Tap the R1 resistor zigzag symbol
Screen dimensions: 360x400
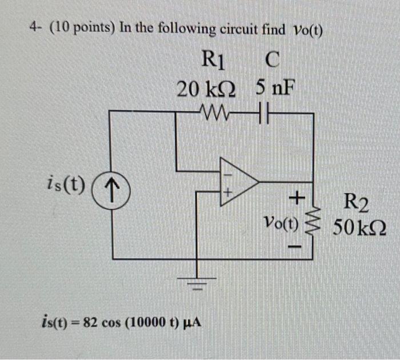[216, 113]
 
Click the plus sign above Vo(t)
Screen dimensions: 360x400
[296, 198]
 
